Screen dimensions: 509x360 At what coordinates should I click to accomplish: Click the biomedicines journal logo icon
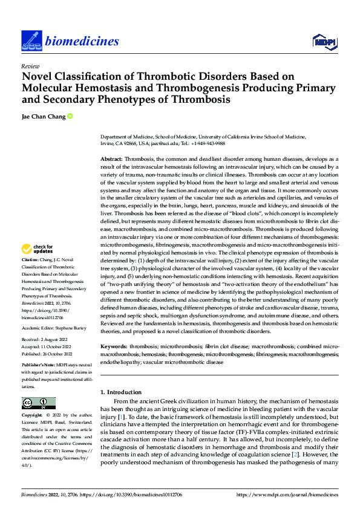click(x=30, y=41)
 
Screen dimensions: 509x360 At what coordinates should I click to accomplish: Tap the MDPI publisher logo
click(x=325, y=41)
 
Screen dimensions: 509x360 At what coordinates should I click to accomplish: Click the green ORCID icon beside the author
click(x=70, y=116)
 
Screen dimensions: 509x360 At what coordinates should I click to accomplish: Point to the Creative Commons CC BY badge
click(x=38, y=403)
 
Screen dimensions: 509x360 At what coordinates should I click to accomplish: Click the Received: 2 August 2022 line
click(x=46, y=341)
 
